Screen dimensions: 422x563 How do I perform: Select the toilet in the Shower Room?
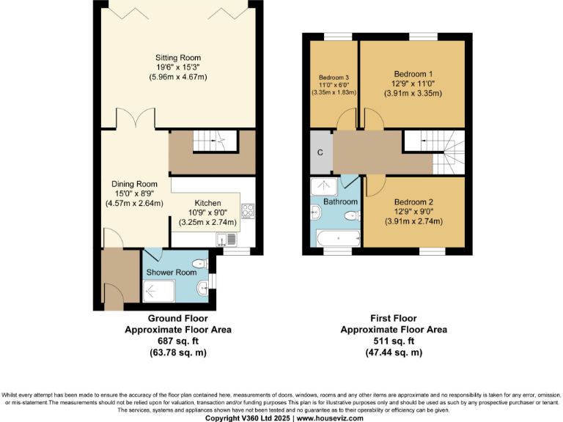(x=199, y=264)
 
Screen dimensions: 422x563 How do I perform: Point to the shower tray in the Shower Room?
(x=159, y=292)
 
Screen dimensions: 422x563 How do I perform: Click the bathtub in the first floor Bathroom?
(x=338, y=238)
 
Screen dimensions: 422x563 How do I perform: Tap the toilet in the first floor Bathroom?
(x=353, y=215)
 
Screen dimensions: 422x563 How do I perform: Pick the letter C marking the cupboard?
(x=320, y=152)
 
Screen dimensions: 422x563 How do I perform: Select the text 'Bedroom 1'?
(x=413, y=74)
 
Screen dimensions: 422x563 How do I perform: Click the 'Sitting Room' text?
(x=177, y=58)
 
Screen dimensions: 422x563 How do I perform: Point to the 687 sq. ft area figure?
(x=177, y=341)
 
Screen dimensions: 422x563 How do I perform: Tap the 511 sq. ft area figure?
(x=394, y=341)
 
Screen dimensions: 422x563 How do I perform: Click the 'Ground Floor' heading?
(x=177, y=319)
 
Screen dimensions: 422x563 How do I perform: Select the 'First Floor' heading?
(x=394, y=319)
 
